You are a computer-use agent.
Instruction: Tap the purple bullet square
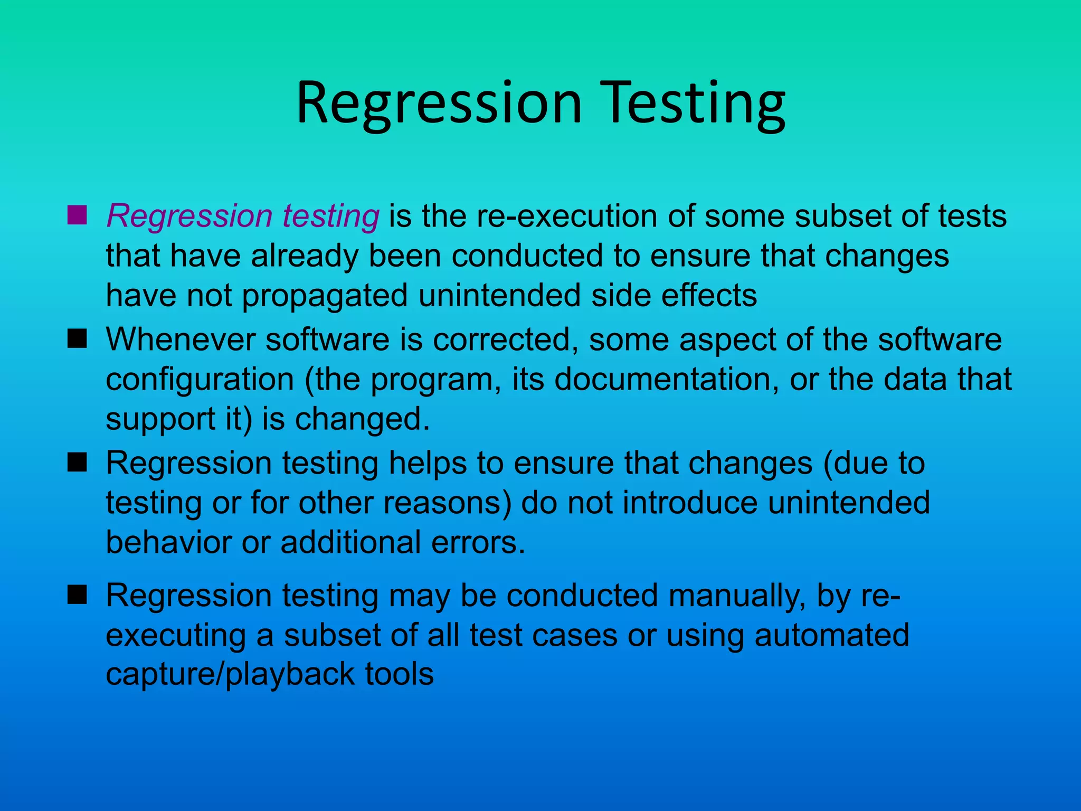coord(77,215)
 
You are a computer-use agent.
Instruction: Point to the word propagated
coord(325,296)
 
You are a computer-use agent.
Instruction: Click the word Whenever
coord(181,339)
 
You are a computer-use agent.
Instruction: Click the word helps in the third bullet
coord(428,463)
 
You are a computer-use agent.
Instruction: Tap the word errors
coord(478,543)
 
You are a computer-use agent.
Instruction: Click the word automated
coord(832,635)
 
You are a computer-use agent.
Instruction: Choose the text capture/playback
coord(231,675)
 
